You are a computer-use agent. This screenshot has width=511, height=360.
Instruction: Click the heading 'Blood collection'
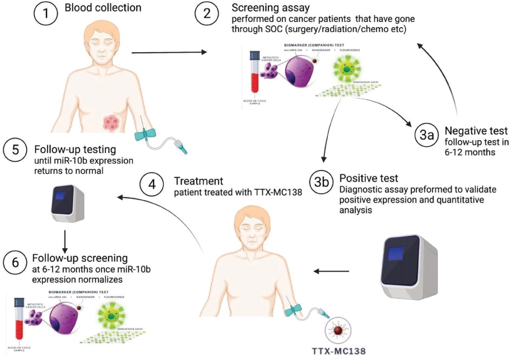tap(103, 8)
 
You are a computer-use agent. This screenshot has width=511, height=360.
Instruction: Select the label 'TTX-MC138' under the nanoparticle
tap(338, 351)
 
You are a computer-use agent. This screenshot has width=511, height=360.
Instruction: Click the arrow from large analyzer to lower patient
tap(331, 272)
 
